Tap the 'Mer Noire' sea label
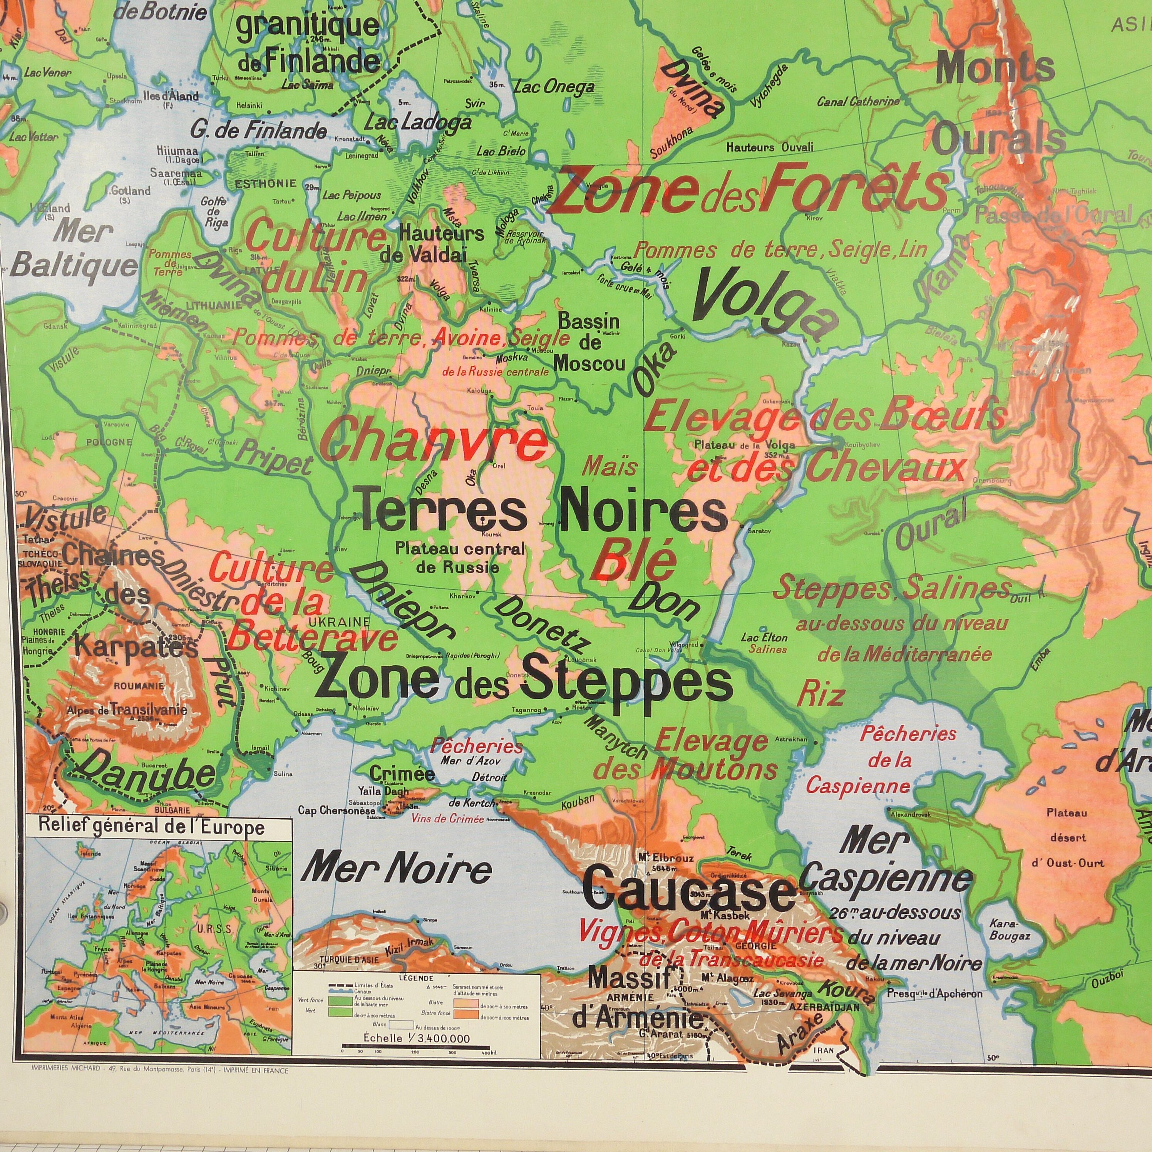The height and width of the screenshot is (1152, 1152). click(397, 871)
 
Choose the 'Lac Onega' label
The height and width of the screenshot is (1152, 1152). click(554, 87)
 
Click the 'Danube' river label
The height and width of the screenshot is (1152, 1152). click(146, 775)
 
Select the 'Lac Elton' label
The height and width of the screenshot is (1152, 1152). click(764, 638)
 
